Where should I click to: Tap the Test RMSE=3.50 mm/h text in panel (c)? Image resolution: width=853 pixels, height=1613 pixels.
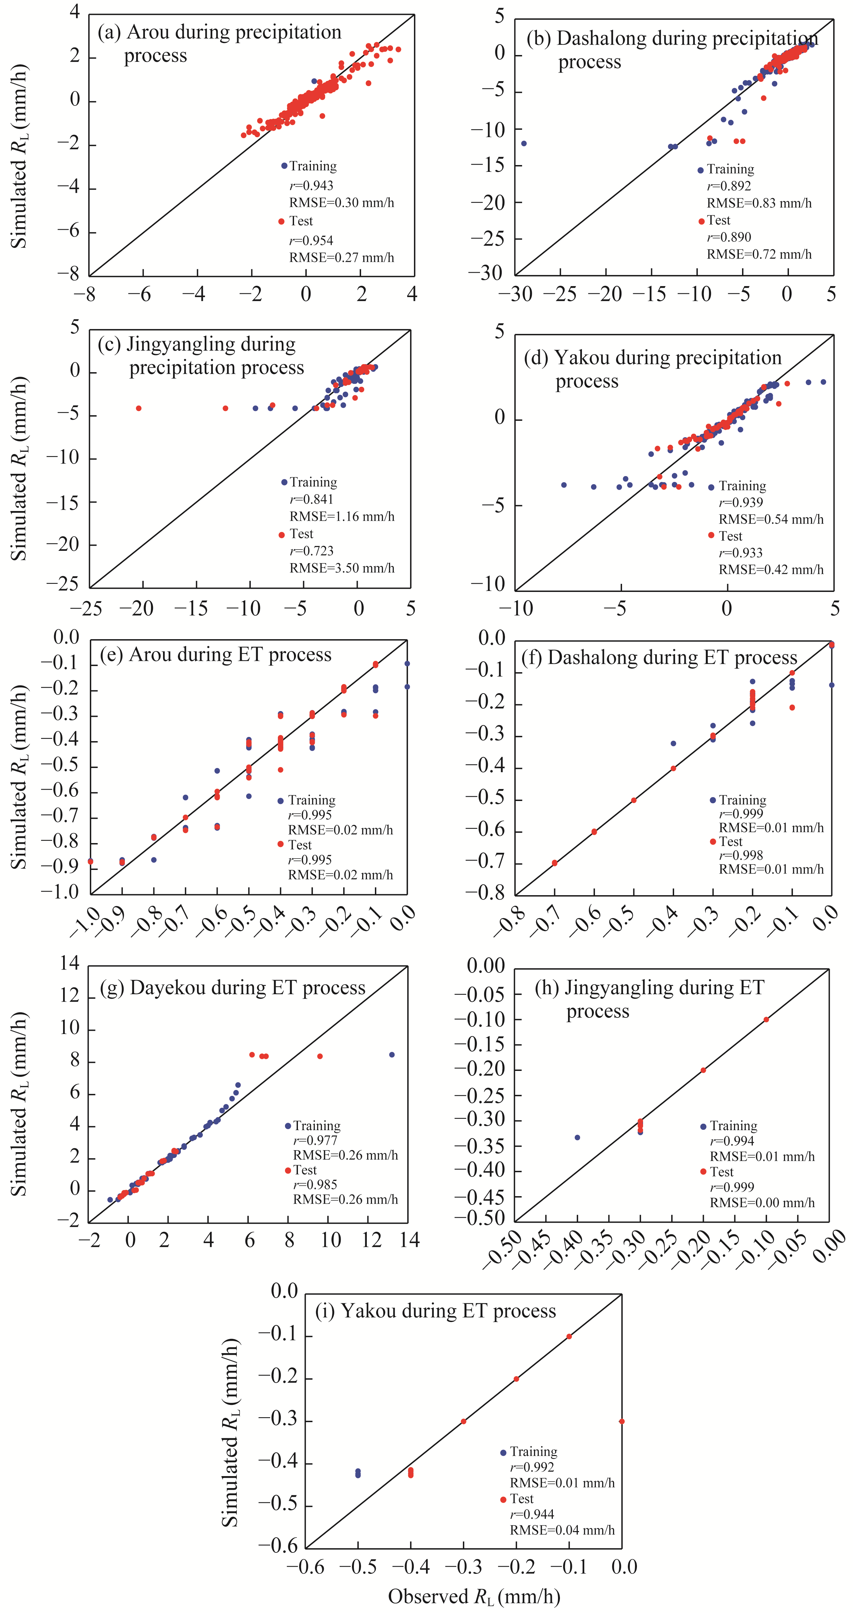pyautogui.click(x=342, y=568)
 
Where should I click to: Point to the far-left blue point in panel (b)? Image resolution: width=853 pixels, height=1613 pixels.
pyautogui.click(x=524, y=143)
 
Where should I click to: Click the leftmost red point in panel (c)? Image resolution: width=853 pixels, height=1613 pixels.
pyautogui.click(x=138, y=408)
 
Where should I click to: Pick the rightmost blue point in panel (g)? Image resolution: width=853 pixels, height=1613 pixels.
pyautogui.click(x=392, y=1054)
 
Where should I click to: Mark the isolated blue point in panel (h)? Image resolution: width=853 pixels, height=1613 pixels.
pyautogui.click(x=577, y=1137)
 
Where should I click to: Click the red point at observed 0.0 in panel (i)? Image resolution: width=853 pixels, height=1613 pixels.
pyautogui.click(x=621, y=1421)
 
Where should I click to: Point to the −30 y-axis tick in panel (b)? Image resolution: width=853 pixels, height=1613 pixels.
pyautogui.click(x=488, y=273)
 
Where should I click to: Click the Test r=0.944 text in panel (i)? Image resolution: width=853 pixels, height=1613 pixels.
pyautogui.click(x=532, y=1514)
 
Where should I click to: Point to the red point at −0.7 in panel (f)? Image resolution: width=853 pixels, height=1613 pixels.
pyautogui.click(x=554, y=863)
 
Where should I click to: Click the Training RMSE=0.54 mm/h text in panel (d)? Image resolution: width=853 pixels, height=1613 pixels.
pyautogui.click(x=771, y=519)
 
